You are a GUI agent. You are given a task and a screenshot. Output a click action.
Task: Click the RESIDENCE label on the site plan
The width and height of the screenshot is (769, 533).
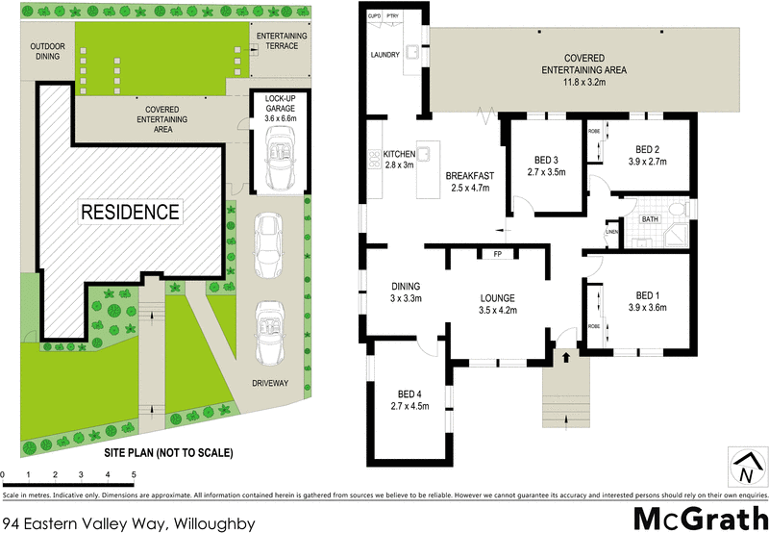(x=129, y=212)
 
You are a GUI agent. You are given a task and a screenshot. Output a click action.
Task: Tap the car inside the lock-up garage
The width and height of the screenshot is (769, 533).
(x=280, y=158)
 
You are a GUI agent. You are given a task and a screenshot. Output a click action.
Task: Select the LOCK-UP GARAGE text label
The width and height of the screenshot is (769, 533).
(x=280, y=105)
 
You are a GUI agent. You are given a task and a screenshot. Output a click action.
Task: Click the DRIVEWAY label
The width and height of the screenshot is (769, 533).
(x=269, y=383)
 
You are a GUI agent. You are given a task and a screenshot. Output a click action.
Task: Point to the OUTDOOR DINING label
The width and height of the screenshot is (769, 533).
(x=46, y=51)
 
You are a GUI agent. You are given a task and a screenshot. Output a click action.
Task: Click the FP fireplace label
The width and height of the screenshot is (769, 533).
(x=497, y=255)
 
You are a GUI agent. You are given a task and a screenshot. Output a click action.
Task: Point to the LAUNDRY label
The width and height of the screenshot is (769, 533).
(x=385, y=55)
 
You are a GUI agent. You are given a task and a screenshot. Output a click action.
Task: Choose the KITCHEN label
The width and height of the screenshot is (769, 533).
(x=399, y=154)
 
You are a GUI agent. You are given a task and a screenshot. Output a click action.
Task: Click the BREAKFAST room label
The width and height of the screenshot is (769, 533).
(x=470, y=176)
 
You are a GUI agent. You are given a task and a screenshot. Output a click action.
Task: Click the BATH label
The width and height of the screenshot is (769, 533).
(x=651, y=219)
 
